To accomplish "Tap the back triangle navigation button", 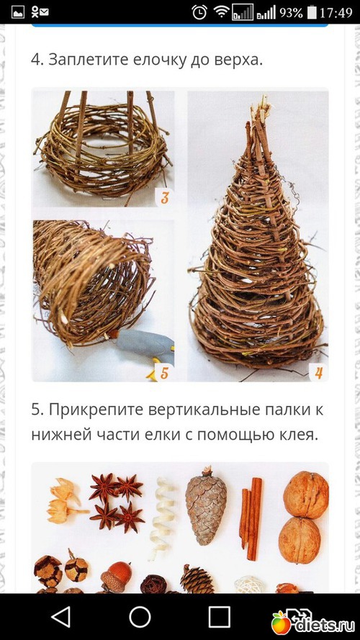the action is coord(61,616).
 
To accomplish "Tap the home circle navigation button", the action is coord(140,616).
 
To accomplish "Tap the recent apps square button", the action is coord(219,616).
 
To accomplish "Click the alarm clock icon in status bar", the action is coord(199,12).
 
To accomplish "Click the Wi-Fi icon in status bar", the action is coord(222,12).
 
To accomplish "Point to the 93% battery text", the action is coord(291,13).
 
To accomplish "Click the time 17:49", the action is coord(336,13).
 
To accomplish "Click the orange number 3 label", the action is coord(164,199).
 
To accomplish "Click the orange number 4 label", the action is coord(319,373).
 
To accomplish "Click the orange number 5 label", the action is coord(164,373).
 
